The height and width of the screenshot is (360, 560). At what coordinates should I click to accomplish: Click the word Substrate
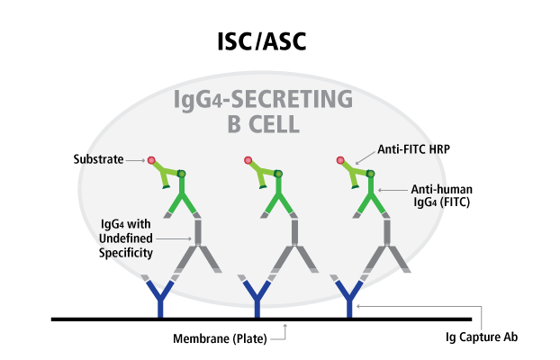click(x=98, y=160)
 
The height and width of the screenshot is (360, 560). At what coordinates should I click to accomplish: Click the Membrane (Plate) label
click(x=227, y=339)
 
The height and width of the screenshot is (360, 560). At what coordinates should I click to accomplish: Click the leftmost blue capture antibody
click(x=162, y=297)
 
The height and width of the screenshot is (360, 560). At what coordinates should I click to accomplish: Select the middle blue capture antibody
click(x=256, y=297)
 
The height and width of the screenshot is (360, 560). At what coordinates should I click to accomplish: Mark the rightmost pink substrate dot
click(x=339, y=161)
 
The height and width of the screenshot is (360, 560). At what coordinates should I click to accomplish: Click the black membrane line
click(x=261, y=319)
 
